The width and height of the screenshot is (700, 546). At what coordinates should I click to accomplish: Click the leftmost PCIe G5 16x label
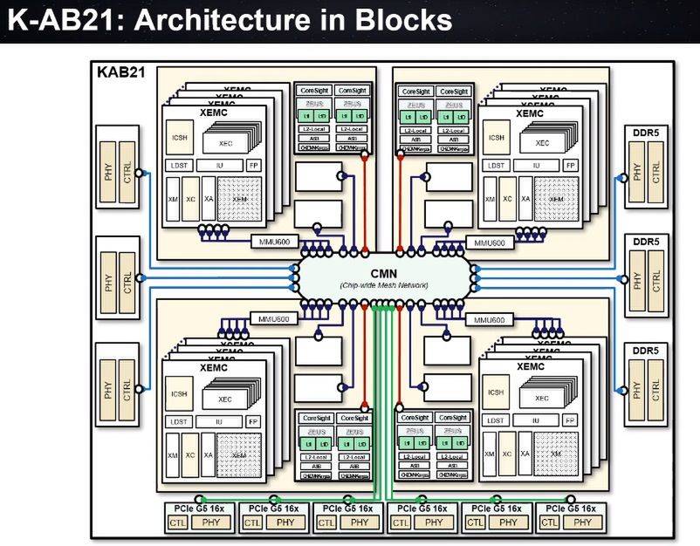point(197,508)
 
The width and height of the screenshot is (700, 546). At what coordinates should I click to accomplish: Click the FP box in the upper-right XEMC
point(569,165)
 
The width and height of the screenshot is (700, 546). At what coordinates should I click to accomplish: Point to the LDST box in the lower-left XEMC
point(179,420)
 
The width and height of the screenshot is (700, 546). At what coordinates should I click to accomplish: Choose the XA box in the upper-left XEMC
point(208,199)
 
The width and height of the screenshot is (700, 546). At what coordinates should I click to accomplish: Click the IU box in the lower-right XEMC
point(532,420)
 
